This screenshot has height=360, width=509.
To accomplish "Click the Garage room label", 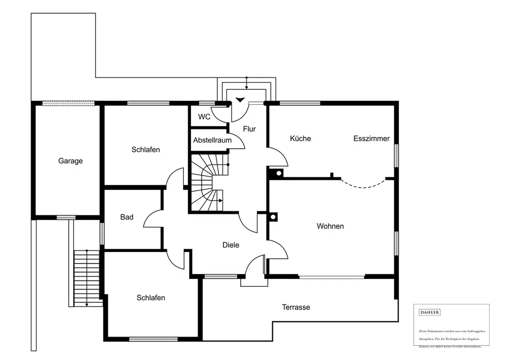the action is (x=70, y=161).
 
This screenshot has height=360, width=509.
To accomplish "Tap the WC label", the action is (x=204, y=117).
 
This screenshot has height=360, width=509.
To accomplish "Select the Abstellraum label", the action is (x=212, y=140).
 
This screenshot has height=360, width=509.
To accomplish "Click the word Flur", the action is (x=249, y=129).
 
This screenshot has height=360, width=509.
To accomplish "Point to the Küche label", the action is (x=300, y=139).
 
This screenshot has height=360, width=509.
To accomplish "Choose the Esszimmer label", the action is (x=372, y=139).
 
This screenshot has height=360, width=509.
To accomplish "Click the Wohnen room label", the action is (x=330, y=226).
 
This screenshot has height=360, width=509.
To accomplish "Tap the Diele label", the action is (x=231, y=245).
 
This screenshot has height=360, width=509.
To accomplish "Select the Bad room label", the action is (x=127, y=217).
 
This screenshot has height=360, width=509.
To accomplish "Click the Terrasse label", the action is (x=296, y=307).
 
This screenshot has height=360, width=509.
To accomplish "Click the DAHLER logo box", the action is (x=429, y=312).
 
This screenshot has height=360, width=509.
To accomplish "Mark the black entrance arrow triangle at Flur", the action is (x=240, y=100).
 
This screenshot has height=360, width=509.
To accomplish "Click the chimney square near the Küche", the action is (x=278, y=173).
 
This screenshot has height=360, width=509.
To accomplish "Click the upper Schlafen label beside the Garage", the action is (x=146, y=150).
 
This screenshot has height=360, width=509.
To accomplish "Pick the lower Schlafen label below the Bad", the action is (x=151, y=298).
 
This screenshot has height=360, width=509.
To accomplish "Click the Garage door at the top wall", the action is (x=68, y=102).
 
